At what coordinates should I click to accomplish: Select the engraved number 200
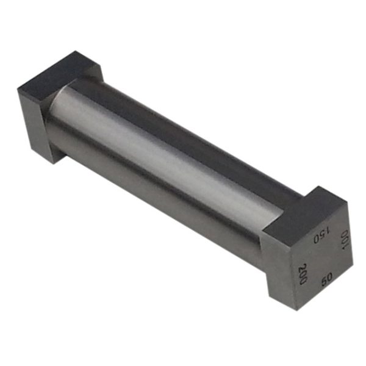(303, 272)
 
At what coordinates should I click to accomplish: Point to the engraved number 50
(326, 279)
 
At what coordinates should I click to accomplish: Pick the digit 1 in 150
(326, 230)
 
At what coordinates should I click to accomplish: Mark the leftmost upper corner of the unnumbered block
(18, 90)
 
